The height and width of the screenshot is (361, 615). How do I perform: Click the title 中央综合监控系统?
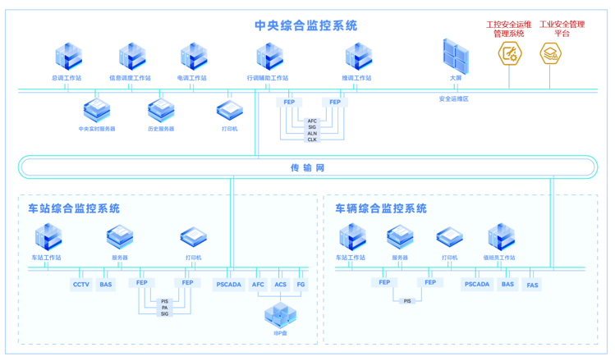305,25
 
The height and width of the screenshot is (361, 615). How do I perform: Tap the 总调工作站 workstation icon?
67,57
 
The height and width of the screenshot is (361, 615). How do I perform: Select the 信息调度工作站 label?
131,79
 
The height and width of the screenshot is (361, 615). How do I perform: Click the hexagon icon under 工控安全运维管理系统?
510,54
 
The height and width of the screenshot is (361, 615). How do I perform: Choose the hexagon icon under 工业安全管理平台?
550,54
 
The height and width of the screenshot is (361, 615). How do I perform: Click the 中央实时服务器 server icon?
97,110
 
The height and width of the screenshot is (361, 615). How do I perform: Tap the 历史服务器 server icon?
161,110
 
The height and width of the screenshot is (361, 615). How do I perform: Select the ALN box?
312,133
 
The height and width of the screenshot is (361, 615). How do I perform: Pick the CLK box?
312,139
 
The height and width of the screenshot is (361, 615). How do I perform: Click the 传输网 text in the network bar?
307,167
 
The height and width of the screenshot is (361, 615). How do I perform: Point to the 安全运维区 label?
453,98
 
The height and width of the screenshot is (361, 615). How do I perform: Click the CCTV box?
81,285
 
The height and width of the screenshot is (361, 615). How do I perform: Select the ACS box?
281,285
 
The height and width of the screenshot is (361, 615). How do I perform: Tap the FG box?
301,285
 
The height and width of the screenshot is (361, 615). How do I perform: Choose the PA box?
165,308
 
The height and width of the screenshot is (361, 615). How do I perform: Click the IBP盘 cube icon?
280,314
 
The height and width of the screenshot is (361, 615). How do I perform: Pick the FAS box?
532,285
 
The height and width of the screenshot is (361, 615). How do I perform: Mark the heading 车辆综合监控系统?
381,209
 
